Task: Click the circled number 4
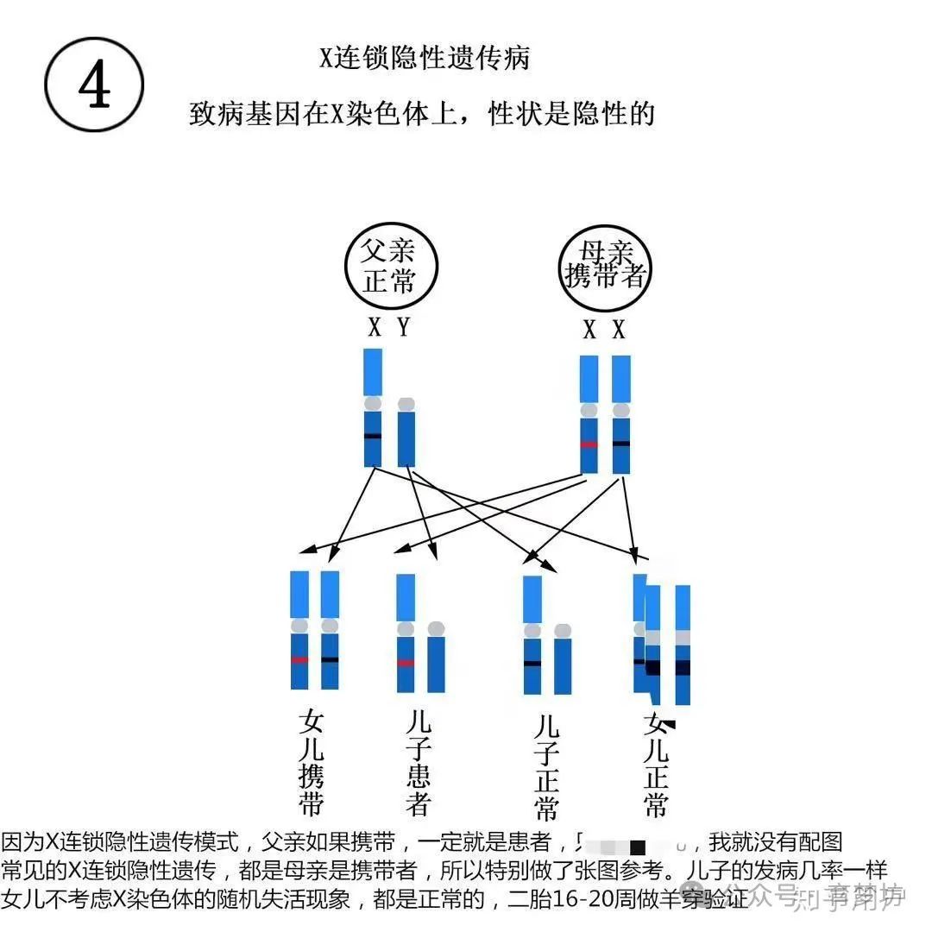tap(94, 85)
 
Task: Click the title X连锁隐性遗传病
tap(425, 58)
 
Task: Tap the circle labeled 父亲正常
tap(390, 266)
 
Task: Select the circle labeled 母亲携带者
tap(604, 266)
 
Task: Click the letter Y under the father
tap(403, 328)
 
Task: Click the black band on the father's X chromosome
tap(373, 436)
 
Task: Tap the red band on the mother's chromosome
tap(589, 444)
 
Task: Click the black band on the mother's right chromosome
tap(621, 444)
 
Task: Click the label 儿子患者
tap(418, 764)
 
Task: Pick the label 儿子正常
tap(545, 766)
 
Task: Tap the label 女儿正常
tap(656, 765)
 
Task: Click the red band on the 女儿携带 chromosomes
tap(299, 660)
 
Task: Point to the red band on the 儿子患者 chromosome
tap(406, 663)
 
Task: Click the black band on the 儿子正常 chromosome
tap(532, 663)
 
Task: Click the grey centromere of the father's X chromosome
tap(373, 403)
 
